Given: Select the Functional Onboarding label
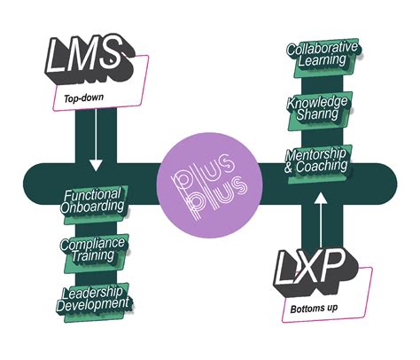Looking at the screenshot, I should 94,201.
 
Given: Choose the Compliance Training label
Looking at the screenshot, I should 94,249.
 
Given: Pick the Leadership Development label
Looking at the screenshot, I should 94,298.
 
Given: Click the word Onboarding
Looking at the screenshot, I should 94,208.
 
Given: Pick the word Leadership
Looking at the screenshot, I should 95,291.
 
